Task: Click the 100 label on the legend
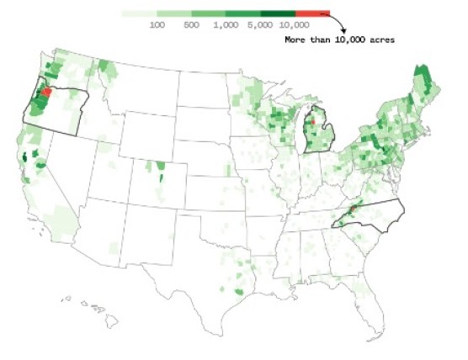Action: pyautogui.click(x=157, y=26)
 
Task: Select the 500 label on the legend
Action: pyautogui.click(x=192, y=26)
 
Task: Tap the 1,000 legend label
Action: pyautogui.click(x=226, y=26)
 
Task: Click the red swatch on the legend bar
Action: pyautogui.click(x=312, y=14)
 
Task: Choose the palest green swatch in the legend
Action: pyautogui.click(x=139, y=14)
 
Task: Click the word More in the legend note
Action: pyautogui.click(x=295, y=40)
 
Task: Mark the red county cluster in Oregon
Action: pyautogui.click(x=47, y=90)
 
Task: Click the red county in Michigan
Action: pyautogui.click(x=312, y=122)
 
